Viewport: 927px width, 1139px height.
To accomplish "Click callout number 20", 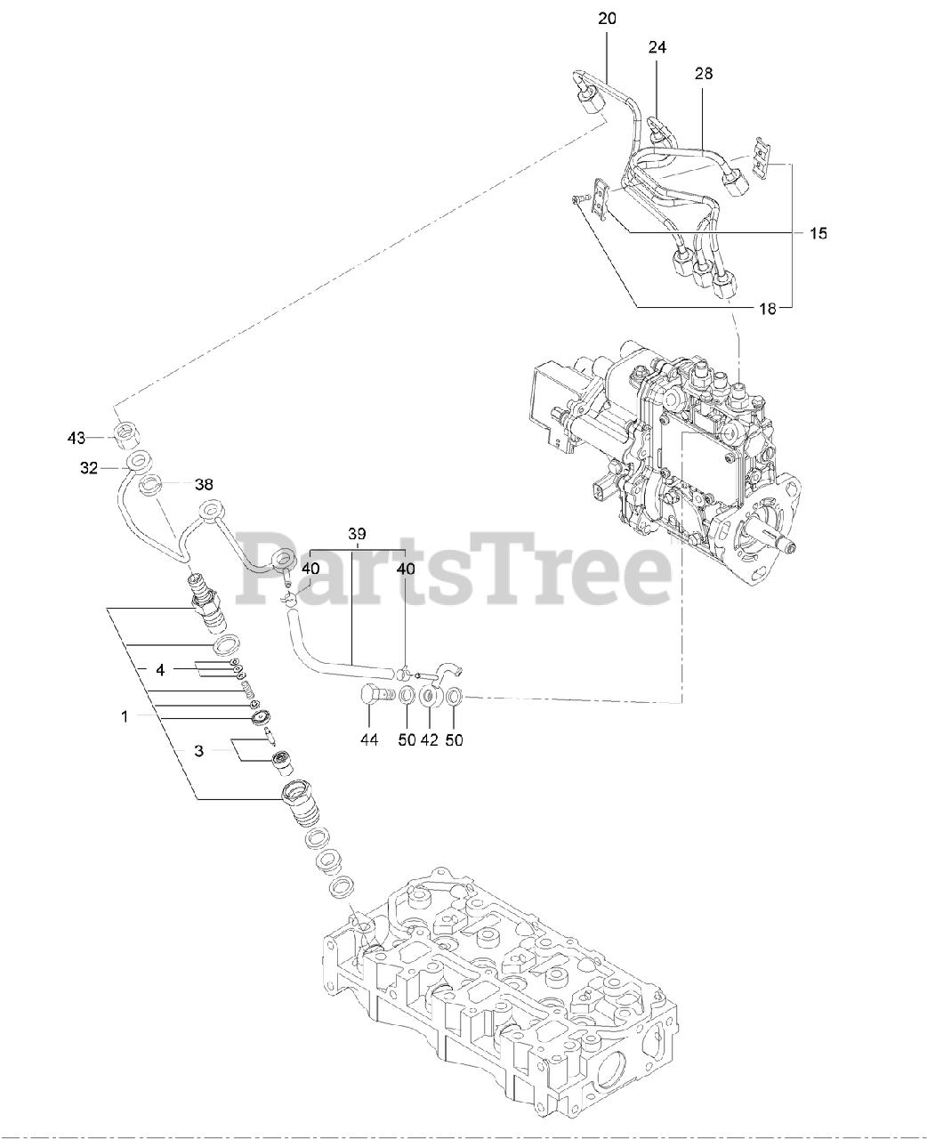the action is point(607,17).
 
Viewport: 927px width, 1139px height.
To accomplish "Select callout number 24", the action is point(657,45).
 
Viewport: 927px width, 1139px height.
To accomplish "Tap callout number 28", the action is point(703,74).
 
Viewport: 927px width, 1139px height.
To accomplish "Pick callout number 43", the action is point(76,437).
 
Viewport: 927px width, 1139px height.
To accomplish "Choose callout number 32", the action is point(88,468).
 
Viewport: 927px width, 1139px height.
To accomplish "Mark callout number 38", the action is point(204,485).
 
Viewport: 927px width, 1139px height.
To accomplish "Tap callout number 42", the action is point(431,739).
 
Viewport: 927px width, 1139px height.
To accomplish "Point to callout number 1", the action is point(125,715).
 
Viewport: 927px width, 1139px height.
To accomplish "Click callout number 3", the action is point(198,751).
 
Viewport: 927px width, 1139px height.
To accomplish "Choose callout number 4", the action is point(160,668).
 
